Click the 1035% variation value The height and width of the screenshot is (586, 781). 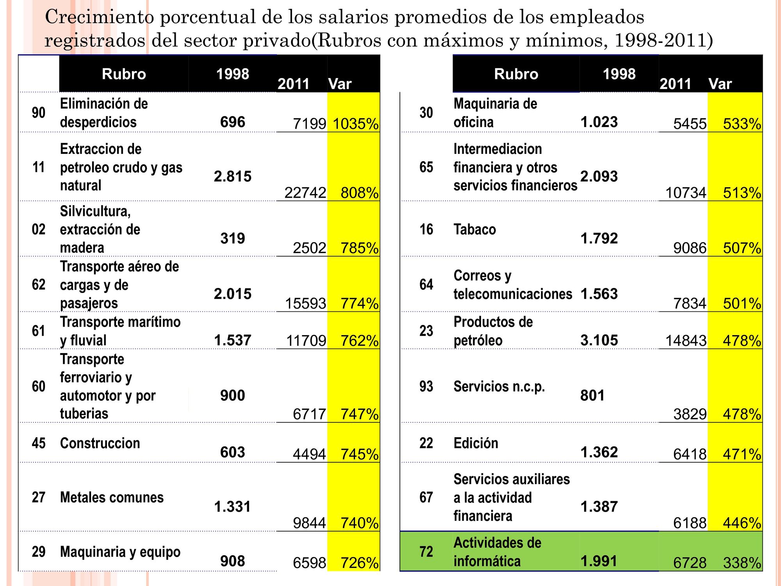pyautogui.click(x=355, y=124)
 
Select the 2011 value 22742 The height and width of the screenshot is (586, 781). pyautogui.click(x=305, y=193)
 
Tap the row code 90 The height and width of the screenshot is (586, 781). pyautogui.click(x=39, y=113)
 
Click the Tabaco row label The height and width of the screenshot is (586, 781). pyautogui.click(x=474, y=229)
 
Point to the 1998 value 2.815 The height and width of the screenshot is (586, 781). pyautogui.click(x=233, y=177)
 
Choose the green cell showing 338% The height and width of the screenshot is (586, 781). pyautogui.click(x=742, y=563)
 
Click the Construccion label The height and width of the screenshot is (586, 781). pyautogui.click(x=100, y=443)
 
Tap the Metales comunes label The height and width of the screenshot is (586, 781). pyautogui.click(x=112, y=497)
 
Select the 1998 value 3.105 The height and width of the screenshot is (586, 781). pyautogui.click(x=599, y=340)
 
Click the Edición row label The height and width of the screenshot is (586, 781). pyautogui.click(x=476, y=443)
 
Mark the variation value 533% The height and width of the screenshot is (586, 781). pyautogui.click(x=742, y=124)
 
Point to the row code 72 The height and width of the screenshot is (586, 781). pyautogui.click(x=426, y=552)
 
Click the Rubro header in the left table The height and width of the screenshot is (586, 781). pyautogui.click(x=124, y=74)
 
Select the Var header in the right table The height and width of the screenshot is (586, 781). pyautogui.click(x=720, y=84)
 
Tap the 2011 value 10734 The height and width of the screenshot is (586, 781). pyautogui.click(x=686, y=193)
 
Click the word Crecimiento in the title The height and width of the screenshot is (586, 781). pyautogui.click(x=100, y=17)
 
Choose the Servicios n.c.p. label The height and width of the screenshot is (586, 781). pyautogui.click(x=499, y=387)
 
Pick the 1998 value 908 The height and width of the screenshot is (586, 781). pyautogui.click(x=233, y=561)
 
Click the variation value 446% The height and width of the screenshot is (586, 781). pyautogui.click(x=742, y=523)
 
